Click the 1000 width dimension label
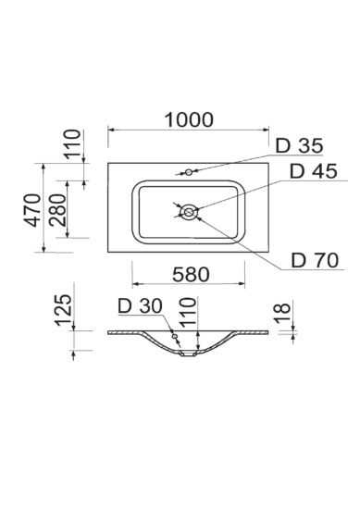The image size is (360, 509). click(189, 119)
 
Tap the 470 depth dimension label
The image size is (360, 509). click(32, 210)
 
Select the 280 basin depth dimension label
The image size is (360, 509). click(57, 210)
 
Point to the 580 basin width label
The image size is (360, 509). click(191, 274)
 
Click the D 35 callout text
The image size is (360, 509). click(299, 145)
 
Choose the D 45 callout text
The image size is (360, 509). click(313, 171)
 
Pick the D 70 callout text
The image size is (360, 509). click(315, 260)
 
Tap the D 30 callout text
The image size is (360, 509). click(140, 305)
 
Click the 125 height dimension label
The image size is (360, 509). click(63, 310)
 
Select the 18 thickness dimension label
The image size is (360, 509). click(282, 313)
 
